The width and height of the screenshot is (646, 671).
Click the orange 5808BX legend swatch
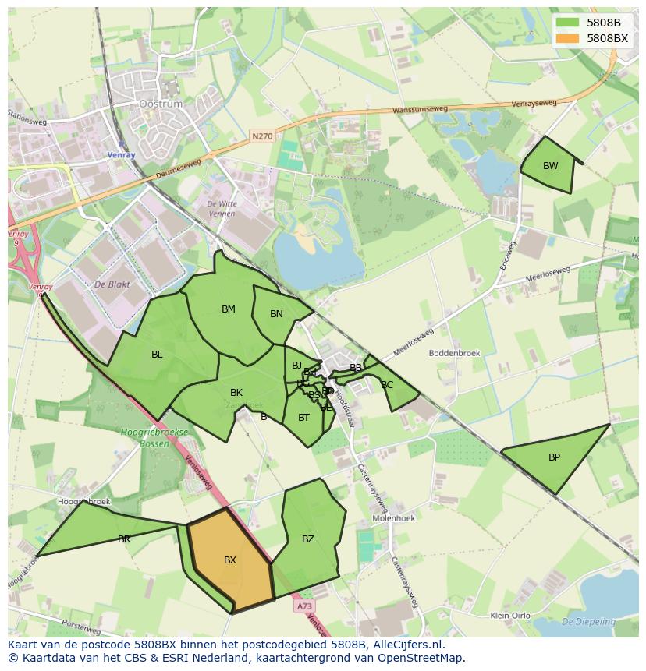point(568,38)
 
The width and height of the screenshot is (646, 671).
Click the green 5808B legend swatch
point(568,23)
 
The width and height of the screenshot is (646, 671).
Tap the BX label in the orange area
point(230,560)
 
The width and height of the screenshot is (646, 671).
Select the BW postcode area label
point(551,166)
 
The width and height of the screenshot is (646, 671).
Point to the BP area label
point(554,457)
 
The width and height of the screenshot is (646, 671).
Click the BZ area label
point(308,539)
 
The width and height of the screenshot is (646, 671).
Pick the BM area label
point(228,309)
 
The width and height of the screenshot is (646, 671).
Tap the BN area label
point(276,314)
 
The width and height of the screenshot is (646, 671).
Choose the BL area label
point(157,355)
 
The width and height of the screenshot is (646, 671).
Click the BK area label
point(236,393)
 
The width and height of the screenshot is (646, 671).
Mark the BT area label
point(303,418)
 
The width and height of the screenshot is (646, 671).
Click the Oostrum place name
point(160,104)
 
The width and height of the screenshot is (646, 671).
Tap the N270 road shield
point(263,136)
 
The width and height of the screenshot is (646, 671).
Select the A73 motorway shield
point(304,606)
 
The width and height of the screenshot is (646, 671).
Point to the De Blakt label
point(111,285)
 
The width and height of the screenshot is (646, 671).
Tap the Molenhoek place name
point(393,517)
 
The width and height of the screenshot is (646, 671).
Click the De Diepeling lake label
point(588,622)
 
